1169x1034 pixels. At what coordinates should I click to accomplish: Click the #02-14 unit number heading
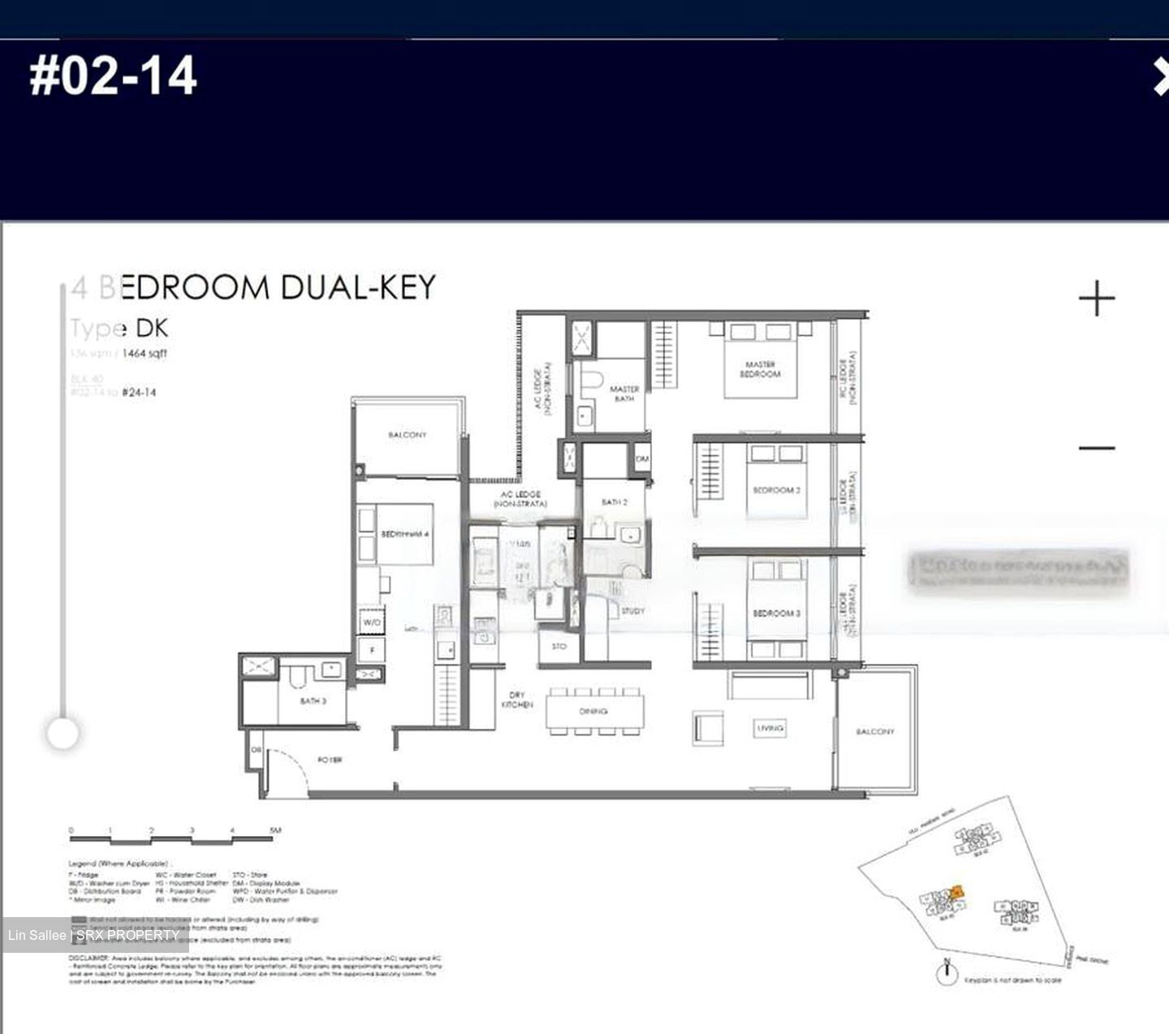coord(113,76)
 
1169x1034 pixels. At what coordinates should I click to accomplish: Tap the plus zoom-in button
coord(1097,299)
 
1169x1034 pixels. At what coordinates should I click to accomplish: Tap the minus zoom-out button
coord(1097,447)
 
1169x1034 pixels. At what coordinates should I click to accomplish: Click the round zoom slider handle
coord(63,734)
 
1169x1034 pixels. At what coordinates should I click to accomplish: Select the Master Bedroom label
coord(760,369)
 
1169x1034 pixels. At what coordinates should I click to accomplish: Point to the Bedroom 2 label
coord(776,490)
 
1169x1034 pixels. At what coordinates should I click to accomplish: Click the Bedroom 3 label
coord(776,613)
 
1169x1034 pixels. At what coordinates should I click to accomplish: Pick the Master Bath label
coord(623,394)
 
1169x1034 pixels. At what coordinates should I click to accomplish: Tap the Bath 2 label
coord(614,502)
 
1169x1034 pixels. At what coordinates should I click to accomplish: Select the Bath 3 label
coord(313,700)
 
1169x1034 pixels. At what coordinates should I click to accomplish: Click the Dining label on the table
coord(593,711)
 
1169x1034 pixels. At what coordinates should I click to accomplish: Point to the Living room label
coord(770,728)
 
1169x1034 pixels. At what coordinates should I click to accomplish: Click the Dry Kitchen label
coord(517,700)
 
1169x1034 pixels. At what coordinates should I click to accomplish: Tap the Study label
coord(632,611)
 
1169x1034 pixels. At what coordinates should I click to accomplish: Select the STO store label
coord(559,647)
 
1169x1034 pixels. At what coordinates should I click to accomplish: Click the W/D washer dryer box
coord(372,622)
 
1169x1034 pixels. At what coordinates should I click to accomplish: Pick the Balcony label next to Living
coord(875,731)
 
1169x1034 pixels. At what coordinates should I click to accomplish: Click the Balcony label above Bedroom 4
coord(407,435)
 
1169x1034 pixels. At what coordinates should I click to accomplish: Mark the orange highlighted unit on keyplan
coord(957,892)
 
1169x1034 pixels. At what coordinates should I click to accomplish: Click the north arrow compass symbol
coord(947,972)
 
